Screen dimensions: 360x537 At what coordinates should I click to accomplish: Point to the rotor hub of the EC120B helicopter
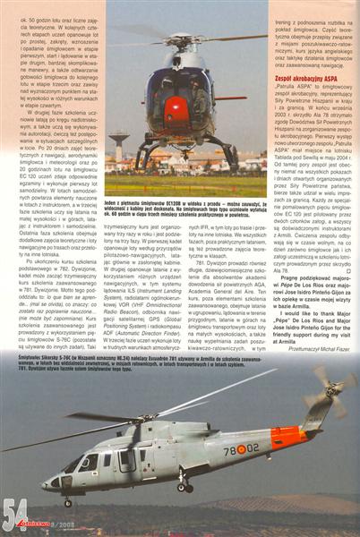click(x=176, y=39)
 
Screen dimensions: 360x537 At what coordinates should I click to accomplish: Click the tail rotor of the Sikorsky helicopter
click(x=333, y=393)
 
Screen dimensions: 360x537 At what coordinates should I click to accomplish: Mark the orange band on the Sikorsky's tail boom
click(x=289, y=438)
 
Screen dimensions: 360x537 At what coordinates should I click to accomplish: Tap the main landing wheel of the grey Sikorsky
click(x=183, y=487)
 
